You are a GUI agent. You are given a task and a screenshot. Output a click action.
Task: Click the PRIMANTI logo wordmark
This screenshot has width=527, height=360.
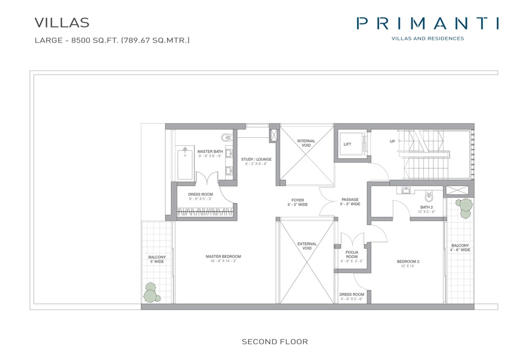click(x=427, y=24)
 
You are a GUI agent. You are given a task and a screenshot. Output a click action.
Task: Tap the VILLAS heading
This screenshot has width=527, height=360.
click(x=62, y=22)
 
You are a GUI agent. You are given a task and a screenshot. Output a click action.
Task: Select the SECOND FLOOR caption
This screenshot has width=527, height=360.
click(x=275, y=341)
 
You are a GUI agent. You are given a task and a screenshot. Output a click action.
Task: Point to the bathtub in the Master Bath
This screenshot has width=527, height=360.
click(x=185, y=163)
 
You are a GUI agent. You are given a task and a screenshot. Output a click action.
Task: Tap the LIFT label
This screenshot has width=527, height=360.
click(x=347, y=144)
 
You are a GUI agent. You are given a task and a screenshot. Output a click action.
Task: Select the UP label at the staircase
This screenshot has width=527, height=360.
click(x=392, y=141)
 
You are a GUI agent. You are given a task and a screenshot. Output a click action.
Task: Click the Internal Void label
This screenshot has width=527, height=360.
click(x=306, y=143)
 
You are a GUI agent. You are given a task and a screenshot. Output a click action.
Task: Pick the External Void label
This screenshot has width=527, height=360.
click(x=307, y=246)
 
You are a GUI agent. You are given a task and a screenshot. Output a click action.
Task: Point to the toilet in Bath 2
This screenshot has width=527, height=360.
click(x=429, y=196)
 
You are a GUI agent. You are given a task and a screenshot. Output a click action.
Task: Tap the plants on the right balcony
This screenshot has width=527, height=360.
click(x=464, y=208)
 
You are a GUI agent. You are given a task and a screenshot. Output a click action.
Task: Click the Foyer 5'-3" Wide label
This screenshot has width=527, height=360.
click(x=298, y=202)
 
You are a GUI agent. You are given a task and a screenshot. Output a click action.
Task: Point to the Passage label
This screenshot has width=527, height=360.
click(x=350, y=202)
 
